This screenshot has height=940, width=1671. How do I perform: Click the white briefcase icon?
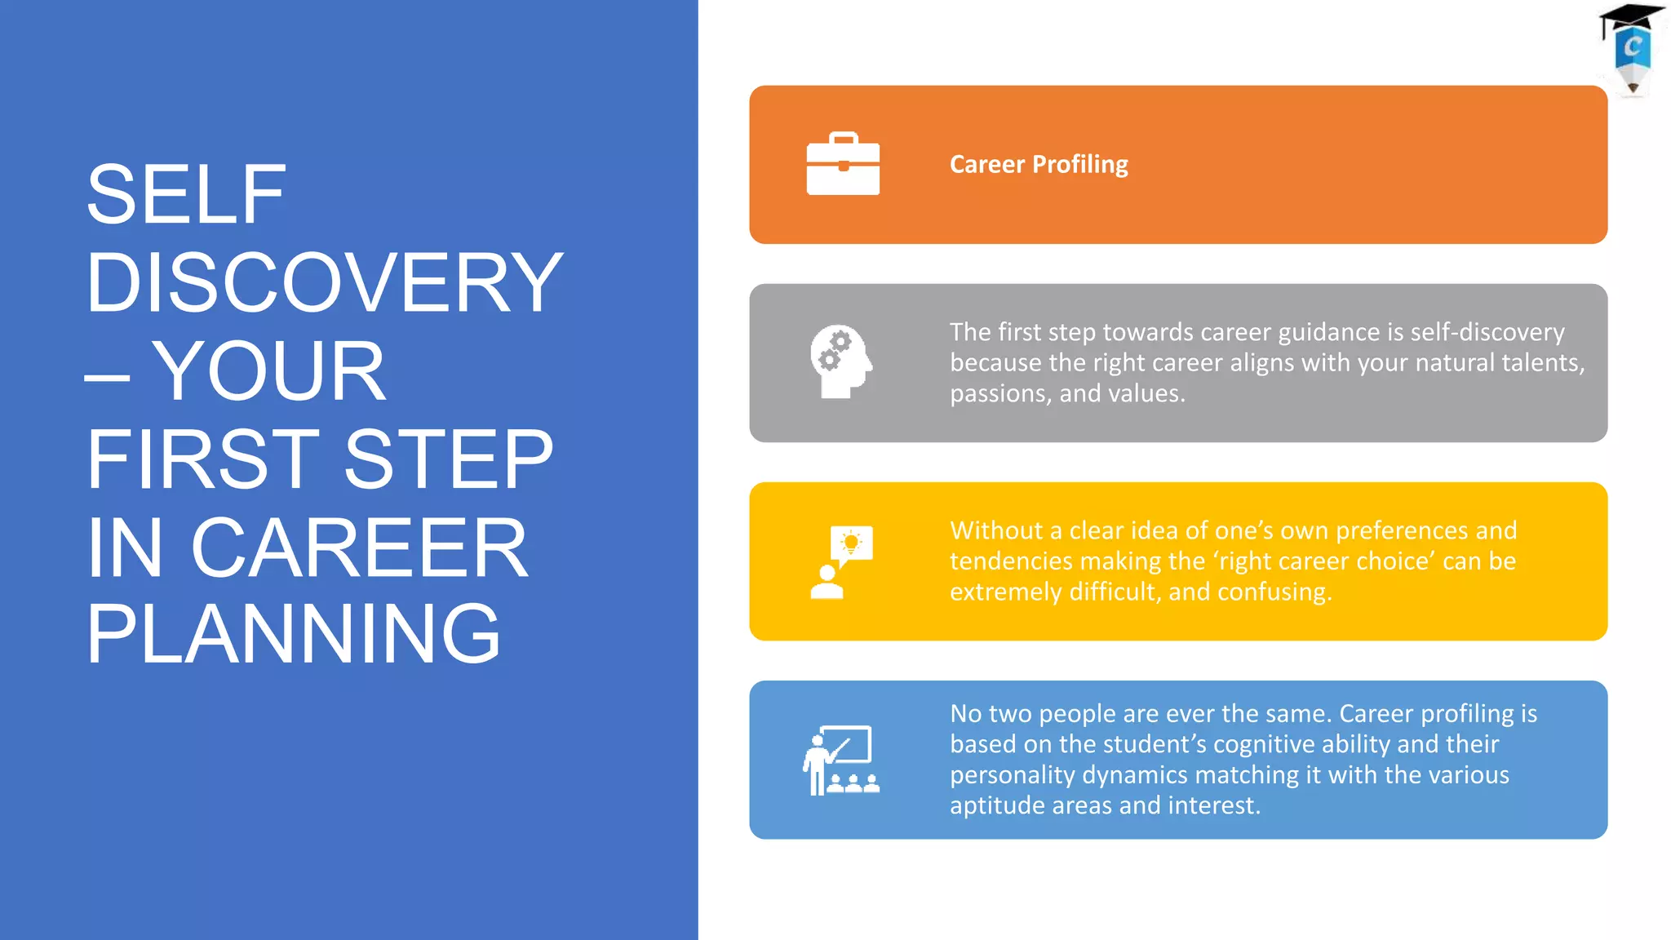click(x=843, y=164)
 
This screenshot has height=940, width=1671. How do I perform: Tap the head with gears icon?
click(x=840, y=362)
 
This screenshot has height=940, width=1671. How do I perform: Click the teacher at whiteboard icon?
click(x=840, y=760)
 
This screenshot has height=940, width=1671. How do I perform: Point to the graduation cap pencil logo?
click(x=1632, y=49)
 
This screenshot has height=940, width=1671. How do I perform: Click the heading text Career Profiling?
click(x=1039, y=165)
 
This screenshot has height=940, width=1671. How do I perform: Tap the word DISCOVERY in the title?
click(x=324, y=282)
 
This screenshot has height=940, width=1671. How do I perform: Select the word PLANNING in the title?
click(x=293, y=634)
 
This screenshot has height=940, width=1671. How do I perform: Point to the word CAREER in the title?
click(x=359, y=548)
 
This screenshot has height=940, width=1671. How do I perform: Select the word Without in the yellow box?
click(x=996, y=530)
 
